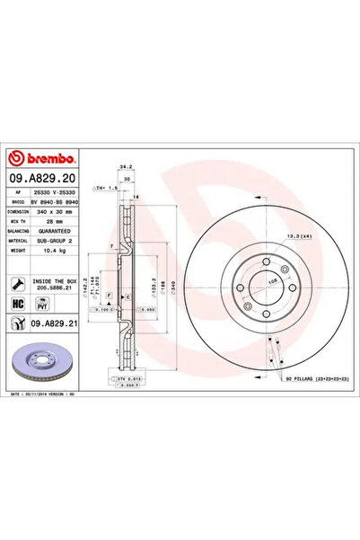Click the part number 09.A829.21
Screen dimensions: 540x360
[x=45, y=324]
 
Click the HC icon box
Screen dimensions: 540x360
[x=19, y=304]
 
